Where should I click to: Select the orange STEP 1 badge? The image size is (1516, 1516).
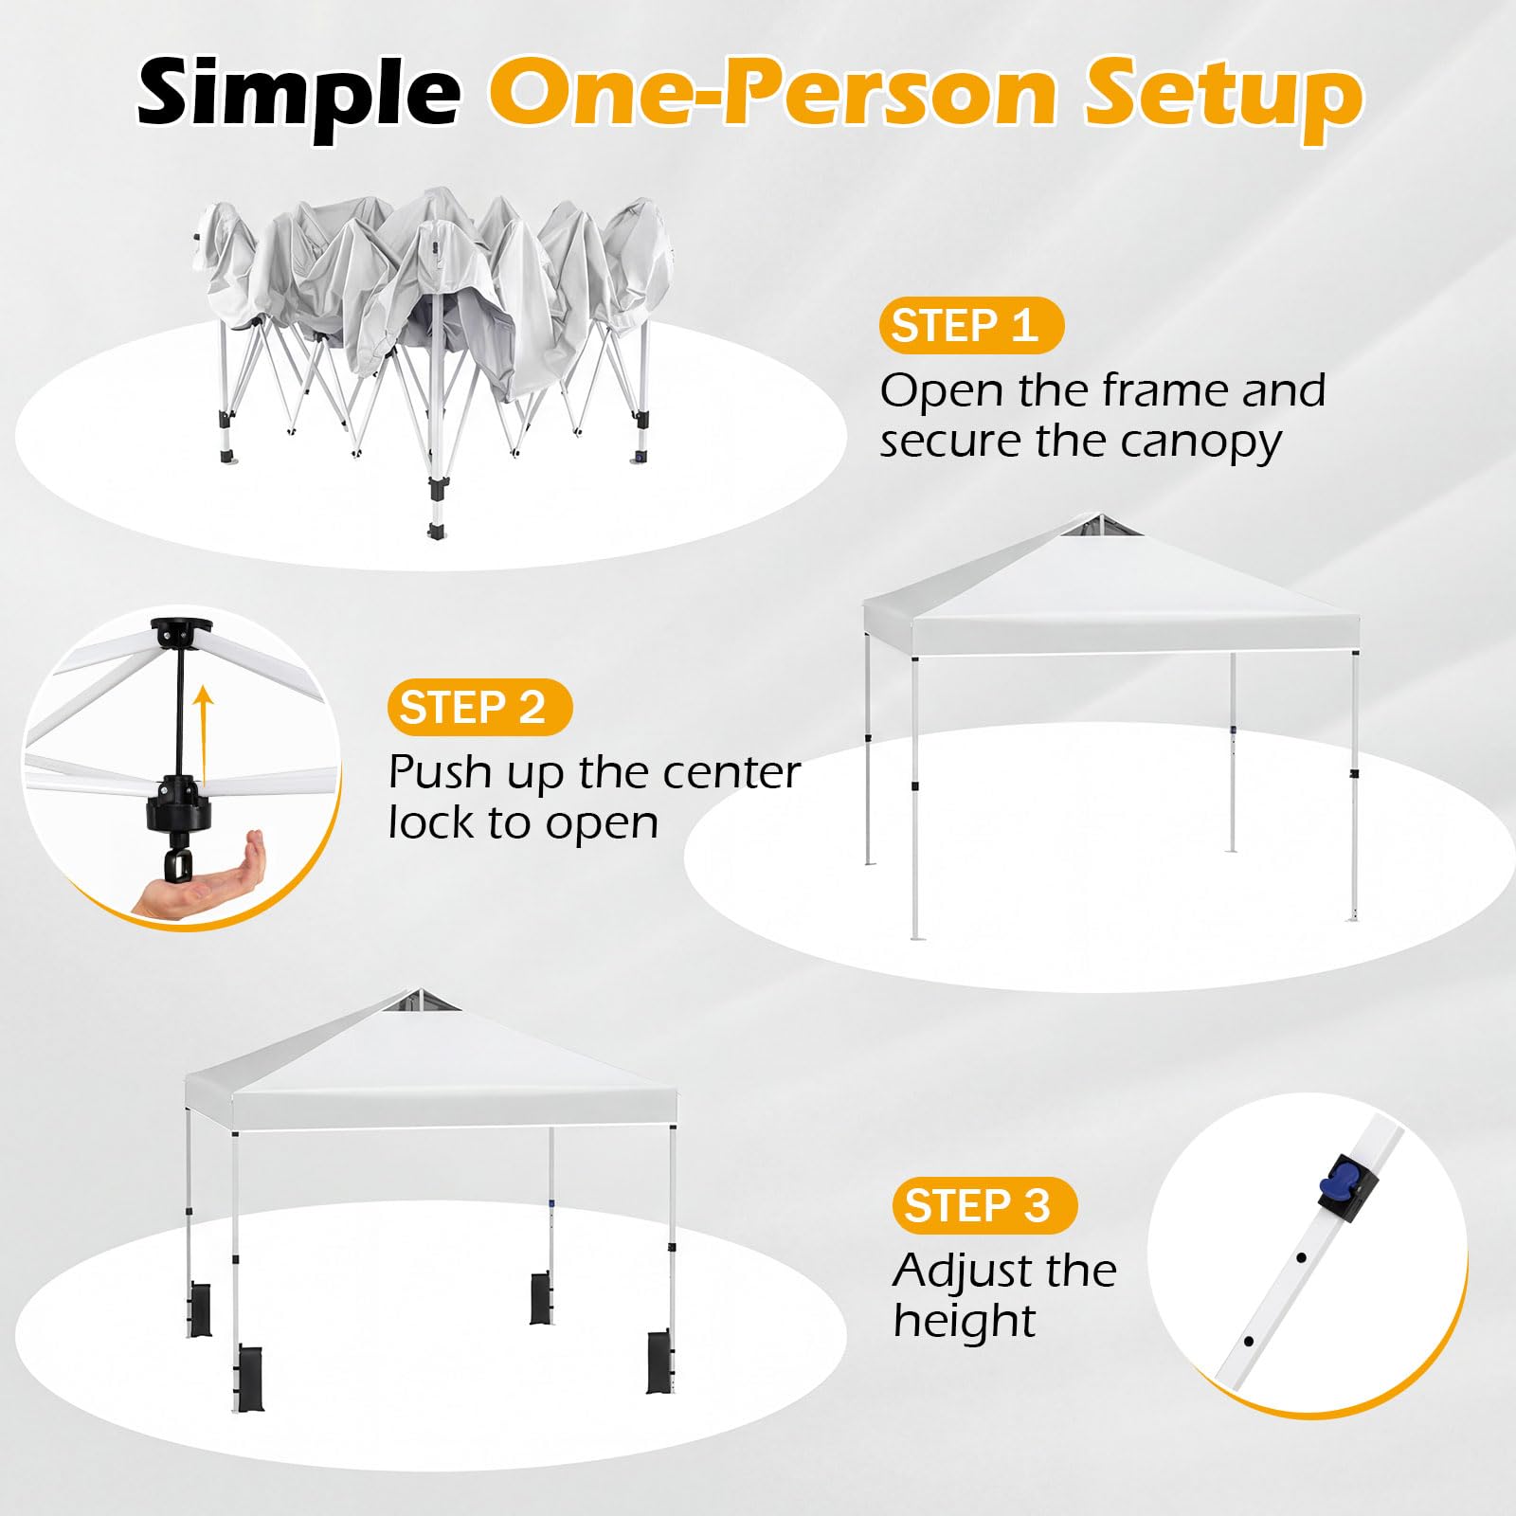click(971, 326)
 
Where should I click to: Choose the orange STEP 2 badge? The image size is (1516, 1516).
click(479, 708)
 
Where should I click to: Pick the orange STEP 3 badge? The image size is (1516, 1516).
click(984, 1205)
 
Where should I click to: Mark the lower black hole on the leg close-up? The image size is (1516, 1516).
click(1249, 1342)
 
